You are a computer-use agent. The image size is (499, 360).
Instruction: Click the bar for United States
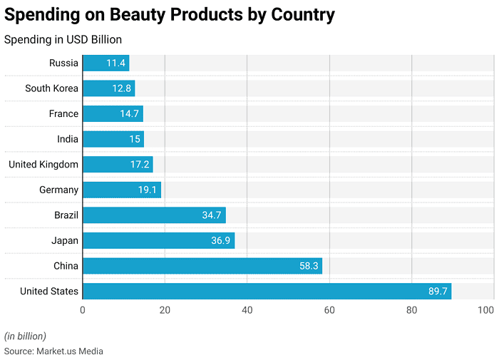pyautogui.click(x=267, y=291)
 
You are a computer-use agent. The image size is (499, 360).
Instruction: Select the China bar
pyautogui.click(x=202, y=266)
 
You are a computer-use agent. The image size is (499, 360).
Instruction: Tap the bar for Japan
pyautogui.click(x=158, y=240)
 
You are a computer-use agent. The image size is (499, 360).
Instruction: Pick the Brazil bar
pyautogui.click(x=154, y=215)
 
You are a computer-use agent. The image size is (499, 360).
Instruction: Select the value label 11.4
pyautogui.click(x=116, y=63)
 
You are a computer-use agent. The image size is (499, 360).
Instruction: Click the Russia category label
pyautogui.click(x=63, y=63)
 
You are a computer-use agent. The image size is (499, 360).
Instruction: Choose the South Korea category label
pyautogui.click(x=51, y=88)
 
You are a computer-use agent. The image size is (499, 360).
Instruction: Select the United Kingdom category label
pyautogui.click(x=43, y=165)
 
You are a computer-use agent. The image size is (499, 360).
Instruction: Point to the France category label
pyautogui.click(x=63, y=114)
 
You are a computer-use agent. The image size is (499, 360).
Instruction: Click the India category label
pyautogui.click(x=68, y=139)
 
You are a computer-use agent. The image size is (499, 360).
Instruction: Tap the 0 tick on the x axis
pyautogui.click(x=83, y=310)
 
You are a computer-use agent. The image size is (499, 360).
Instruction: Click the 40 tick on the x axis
pyautogui.click(x=247, y=310)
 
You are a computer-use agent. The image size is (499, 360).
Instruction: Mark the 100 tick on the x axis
pyautogui.click(x=486, y=310)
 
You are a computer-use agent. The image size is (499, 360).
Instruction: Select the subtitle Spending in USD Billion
pyautogui.click(x=63, y=40)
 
